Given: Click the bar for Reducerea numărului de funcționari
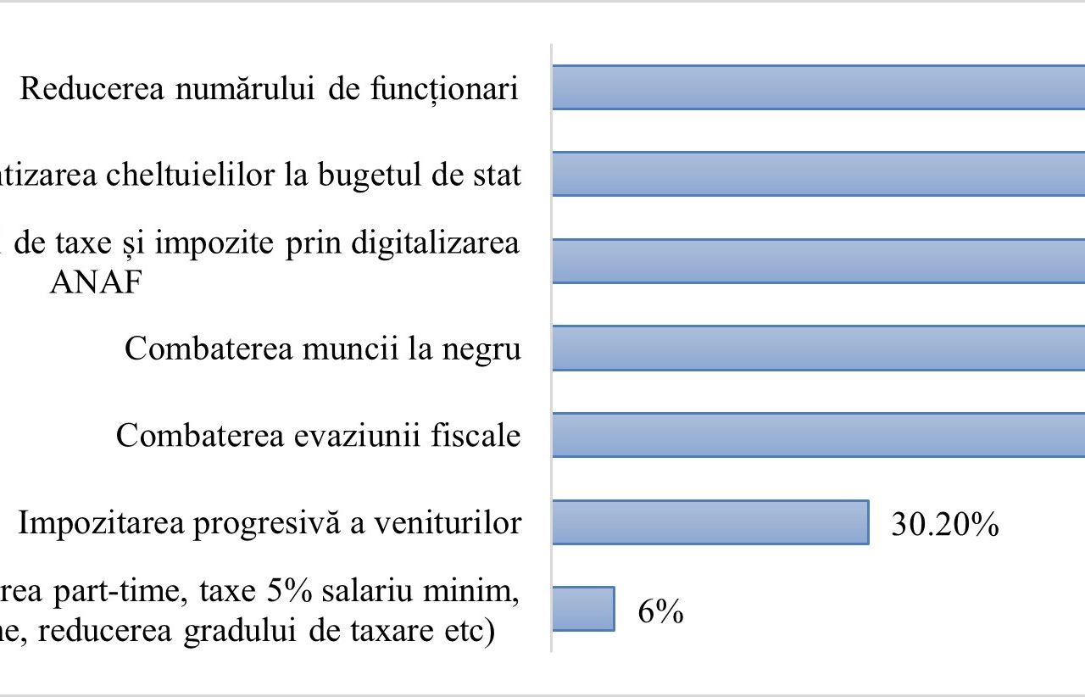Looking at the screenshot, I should tap(818, 87).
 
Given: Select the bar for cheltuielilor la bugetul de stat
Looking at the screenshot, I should tap(818, 174).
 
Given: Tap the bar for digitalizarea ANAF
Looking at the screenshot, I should tap(818, 260).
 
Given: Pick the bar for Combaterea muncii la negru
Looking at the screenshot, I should tap(818, 348).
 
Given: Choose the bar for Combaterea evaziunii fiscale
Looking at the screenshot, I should tap(818, 435).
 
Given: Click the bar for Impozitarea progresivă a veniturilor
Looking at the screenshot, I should tap(710, 521).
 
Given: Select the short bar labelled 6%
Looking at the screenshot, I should tap(583, 609).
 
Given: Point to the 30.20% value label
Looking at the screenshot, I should tap(944, 525).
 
